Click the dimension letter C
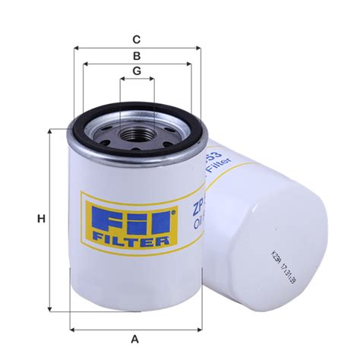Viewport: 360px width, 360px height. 137,39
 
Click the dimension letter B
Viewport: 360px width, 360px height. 137,56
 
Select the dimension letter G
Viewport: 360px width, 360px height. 137,71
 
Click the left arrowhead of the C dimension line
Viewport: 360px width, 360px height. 77,47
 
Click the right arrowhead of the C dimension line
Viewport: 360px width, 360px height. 200,47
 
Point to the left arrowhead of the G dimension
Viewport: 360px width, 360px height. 122,79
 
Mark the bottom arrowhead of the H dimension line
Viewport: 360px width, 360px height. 51,310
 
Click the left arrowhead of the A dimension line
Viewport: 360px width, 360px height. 72,329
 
